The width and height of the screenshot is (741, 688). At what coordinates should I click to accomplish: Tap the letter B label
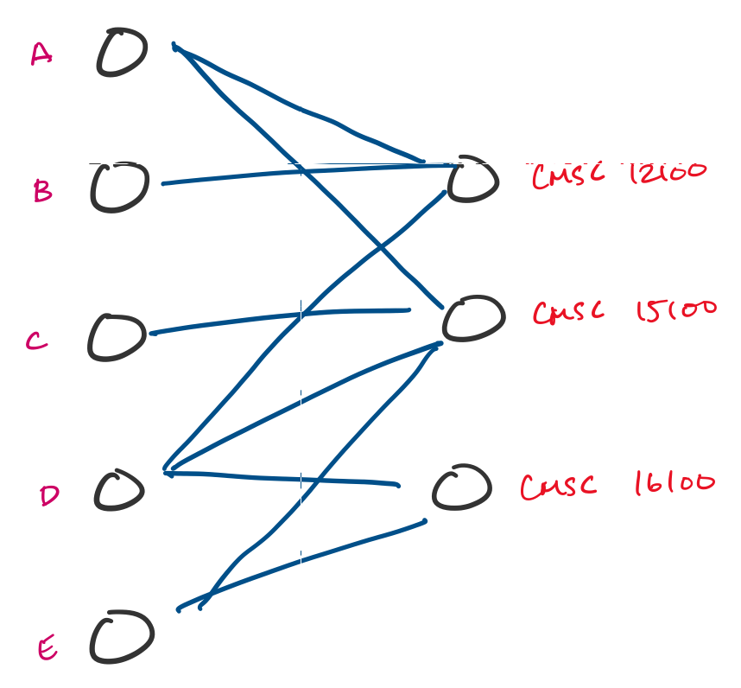(x=42, y=190)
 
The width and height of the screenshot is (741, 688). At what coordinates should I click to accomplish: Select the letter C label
(x=36, y=342)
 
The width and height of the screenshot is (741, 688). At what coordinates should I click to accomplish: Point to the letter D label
(x=49, y=496)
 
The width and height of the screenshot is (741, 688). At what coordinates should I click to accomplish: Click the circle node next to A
(x=122, y=53)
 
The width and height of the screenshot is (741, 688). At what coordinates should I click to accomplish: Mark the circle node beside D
(x=119, y=491)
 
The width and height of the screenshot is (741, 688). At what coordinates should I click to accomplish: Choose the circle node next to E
(x=122, y=638)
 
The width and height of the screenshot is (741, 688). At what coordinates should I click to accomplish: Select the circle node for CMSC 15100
(x=472, y=319)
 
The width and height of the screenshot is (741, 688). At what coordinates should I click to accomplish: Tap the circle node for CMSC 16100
(x=462, y=488)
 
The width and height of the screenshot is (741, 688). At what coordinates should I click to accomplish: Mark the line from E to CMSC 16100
(x=302, y=564)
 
